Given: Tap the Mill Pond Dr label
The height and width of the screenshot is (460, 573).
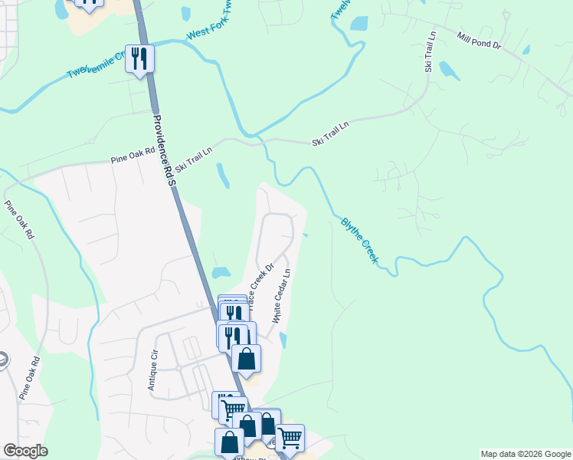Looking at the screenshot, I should point(478,41).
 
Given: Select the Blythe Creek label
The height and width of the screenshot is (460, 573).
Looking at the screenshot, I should point(359,241).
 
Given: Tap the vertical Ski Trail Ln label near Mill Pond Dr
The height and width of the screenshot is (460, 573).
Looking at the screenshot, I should point(430,53).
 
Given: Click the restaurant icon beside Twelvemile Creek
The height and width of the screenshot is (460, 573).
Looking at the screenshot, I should point(139,58).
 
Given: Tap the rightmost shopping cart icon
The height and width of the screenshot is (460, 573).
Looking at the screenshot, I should point(290,438).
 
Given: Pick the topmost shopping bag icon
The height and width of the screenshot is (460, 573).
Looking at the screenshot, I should point(246,358).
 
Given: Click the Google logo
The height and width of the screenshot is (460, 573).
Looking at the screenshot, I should point(25,451).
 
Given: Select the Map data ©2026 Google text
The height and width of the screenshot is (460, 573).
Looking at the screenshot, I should point(526,454).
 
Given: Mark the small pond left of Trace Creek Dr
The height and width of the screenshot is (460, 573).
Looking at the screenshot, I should point(221,272).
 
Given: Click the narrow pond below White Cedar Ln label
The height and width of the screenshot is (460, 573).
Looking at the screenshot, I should point(284,340).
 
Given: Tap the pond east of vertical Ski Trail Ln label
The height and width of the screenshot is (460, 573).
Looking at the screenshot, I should point(450,71).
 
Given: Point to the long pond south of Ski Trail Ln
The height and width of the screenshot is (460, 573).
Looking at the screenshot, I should point(223,176).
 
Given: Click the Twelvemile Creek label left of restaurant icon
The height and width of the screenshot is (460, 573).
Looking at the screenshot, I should point(95,65).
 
